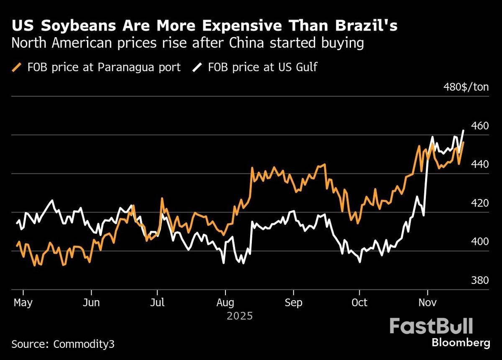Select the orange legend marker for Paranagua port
pos(17,67)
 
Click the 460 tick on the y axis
pos(480,125)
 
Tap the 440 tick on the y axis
pos(480,164)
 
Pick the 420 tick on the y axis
pos(480,203)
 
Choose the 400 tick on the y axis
pos(480,242)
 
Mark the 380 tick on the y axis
pos(480,280)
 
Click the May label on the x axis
pos(23,302)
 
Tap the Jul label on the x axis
pos(157,302)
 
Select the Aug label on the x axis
pos(225,302)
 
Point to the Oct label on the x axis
pos(359,302)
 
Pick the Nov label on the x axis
pos(427,302)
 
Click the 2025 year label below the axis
pos(240,316)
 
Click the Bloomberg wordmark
pos(461,343)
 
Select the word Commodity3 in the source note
pos(84,345)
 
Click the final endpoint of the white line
pos(464,130)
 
